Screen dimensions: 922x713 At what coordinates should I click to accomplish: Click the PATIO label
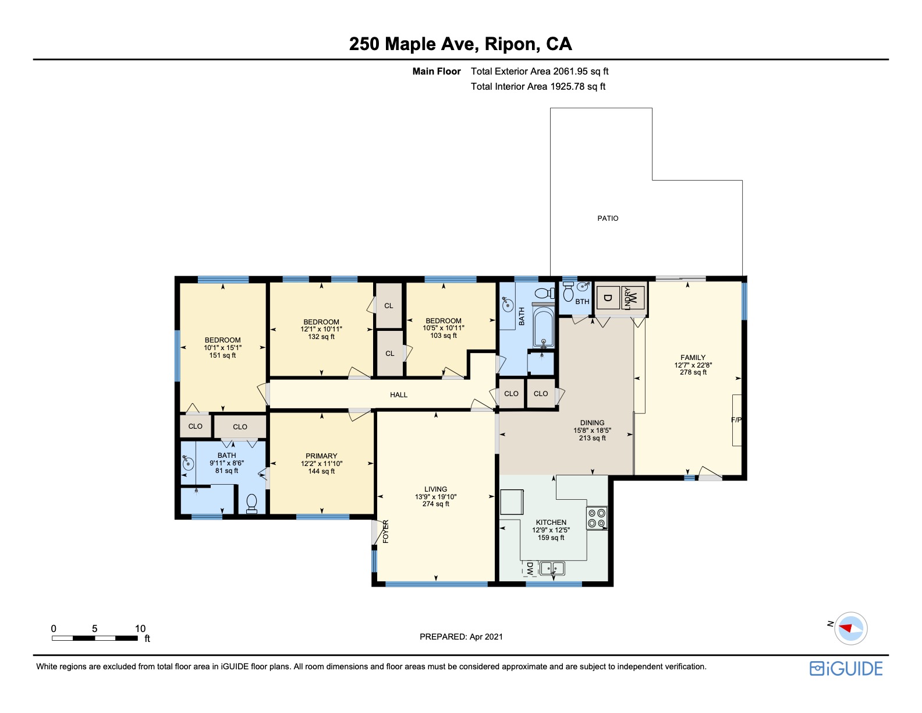click(x=608, y=218)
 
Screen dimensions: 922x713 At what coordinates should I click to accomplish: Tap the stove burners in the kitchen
click(x=597, y=518)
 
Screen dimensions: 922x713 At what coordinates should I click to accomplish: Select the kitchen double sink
click(x=552, y=568)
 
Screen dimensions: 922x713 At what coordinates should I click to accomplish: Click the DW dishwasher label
click(x=530, y=569)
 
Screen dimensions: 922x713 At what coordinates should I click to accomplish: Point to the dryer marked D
click(x=608, y=298)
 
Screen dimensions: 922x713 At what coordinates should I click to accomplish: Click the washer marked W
click(x=633, y=297)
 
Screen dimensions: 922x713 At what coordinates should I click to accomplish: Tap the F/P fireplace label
click(x=736, y=420)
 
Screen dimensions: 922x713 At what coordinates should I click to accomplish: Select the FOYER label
click(x=386, y=532)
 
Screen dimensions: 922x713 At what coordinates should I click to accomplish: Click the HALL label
click(x=398, y=395)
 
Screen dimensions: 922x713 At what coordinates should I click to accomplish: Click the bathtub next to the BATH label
click(x=543, y=327)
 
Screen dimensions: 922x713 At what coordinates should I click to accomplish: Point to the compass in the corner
click(x=850, y=629)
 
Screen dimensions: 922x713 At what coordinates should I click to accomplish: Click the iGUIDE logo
click(x=846, y=669)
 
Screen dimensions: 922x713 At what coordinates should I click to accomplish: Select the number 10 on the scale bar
click(x=140, y=629)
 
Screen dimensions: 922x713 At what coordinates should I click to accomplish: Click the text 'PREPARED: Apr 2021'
click(x=461, y=637)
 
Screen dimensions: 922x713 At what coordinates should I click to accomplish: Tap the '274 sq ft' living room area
click(x=435, y=504)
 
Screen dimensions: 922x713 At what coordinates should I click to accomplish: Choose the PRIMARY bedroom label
click(x=321, y=456)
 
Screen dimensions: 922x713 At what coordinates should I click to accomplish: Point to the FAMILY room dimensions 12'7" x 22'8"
click(x=693, y=365)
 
